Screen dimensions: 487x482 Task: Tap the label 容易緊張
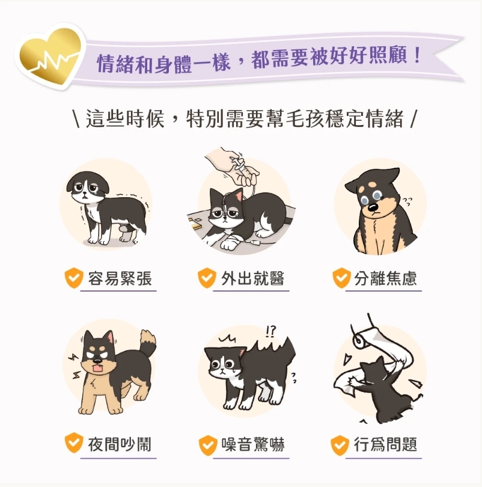120,278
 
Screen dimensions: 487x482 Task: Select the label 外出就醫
252,278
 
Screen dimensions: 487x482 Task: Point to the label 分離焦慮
385,278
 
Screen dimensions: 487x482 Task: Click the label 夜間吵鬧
120,445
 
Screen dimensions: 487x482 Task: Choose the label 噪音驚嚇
252,445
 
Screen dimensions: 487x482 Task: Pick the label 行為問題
385,445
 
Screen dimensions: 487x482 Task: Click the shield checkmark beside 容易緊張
73,278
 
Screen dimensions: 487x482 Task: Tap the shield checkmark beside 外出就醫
207,278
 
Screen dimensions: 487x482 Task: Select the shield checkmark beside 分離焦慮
341,278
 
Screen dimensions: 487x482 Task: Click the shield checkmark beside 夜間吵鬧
73,444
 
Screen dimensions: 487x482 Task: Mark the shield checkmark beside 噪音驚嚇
207,446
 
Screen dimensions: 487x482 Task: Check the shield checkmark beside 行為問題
340,446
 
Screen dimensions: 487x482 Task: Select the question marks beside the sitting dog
407,201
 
